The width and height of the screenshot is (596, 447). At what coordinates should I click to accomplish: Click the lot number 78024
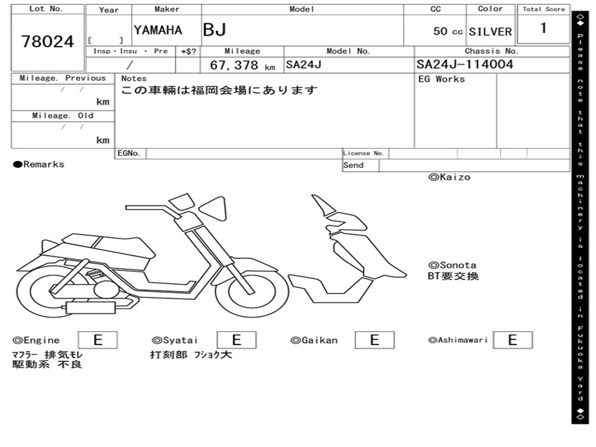[48, 41]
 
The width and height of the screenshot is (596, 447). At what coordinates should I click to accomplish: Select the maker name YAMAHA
[158, 30]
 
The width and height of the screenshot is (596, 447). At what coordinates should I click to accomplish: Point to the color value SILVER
[490, 31]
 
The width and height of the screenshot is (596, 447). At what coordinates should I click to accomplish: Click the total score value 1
[543, 28]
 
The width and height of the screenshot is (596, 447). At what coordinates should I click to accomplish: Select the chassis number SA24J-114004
[465, 65]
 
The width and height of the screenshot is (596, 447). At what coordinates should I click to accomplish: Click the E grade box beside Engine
[97, 340]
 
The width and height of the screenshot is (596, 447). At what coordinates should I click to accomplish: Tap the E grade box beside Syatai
[236, 340]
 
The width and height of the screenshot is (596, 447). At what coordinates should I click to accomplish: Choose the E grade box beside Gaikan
[374, 340]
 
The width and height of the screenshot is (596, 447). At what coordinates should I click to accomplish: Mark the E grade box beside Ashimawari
[512, 340]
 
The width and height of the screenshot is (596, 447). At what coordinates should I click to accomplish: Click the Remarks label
[39, 165]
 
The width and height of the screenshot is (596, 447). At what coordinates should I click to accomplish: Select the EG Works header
[442, 79]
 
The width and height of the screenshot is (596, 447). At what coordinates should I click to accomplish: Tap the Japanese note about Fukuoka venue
[219, 91]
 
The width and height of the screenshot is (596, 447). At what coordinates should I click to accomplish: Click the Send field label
[353, 165]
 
